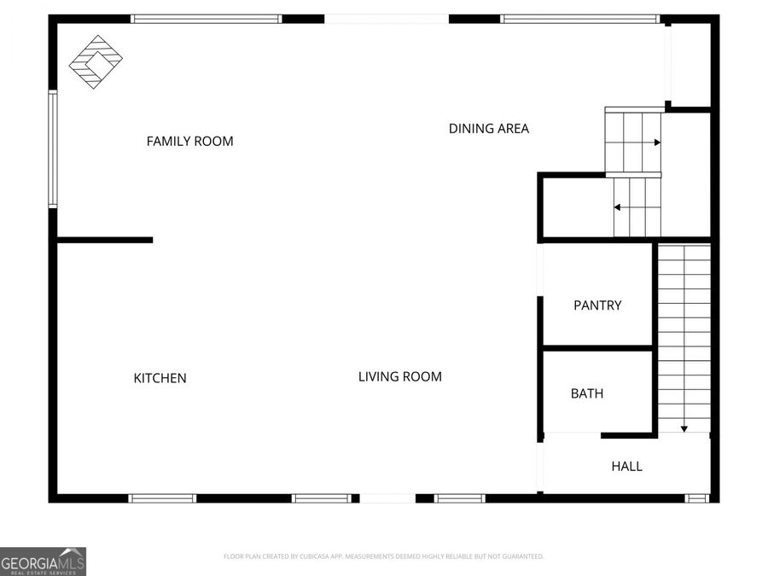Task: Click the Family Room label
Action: (x=189, y=141)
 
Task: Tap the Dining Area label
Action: (x=489, y=129)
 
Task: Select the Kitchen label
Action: (x=160, y=378)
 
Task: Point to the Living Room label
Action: (x=399, y=376)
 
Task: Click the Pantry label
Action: (x=597, y=305)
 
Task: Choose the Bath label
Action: (x=587, y=393)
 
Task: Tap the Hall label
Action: (x=626, y=466)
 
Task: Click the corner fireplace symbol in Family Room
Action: (x=95, y=62)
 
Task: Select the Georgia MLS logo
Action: (x=43, y=561)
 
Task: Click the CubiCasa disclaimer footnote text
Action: (x=383, y=556)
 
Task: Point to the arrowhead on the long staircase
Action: (x=684, y=428)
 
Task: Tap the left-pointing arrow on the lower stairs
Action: (x=617, y=207)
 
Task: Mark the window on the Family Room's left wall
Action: (x=53, y=150)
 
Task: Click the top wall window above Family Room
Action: (x=207, y=19)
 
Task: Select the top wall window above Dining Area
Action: (x=579, y=19)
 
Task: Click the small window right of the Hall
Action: (x=697, y=497)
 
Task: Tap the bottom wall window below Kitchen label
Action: (x=162, y=498)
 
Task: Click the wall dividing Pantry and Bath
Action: (x=597, y=348)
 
